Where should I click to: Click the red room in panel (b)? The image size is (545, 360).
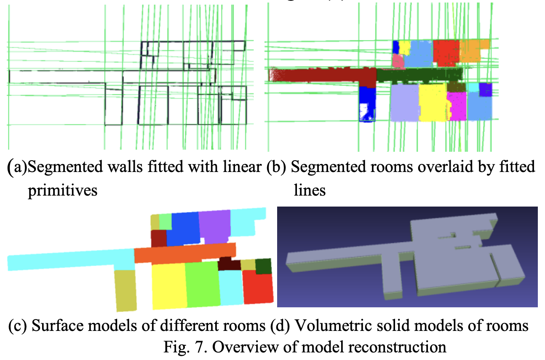coord(445,52)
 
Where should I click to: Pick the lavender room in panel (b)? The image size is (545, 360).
coord(404,102)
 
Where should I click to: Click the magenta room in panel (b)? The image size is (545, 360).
coord(457,105)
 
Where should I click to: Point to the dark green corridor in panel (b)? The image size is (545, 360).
coord(419,75)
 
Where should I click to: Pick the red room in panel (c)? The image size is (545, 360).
coord(258,287)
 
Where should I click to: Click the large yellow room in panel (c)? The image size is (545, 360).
coord(168,285)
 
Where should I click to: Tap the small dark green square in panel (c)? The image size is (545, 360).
coord(263,266)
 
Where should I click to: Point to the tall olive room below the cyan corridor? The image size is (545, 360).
coord(125,290)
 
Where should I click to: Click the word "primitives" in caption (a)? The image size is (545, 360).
coord(62,190)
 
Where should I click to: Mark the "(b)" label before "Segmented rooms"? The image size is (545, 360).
coord(276,167)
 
